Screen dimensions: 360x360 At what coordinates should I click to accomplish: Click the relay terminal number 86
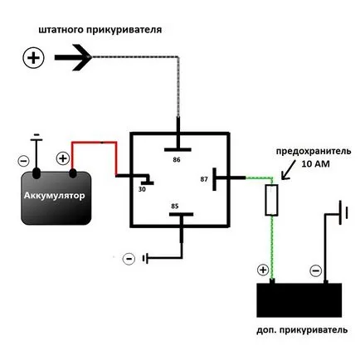coord(177,160)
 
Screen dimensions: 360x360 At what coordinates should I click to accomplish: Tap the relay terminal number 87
coord(204,179)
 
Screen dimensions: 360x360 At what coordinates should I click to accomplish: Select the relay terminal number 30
coord(142,189)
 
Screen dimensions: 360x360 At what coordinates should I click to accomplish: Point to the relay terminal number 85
coord(175,207)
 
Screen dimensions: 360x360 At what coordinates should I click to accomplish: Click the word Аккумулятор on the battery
coord(55,196)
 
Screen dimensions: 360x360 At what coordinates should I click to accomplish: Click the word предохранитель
coord(314,152)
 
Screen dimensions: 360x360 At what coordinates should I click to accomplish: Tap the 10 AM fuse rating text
coord(315,164)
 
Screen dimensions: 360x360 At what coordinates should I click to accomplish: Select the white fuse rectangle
coord(271,200)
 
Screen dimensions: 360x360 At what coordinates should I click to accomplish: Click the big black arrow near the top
coord(73,57)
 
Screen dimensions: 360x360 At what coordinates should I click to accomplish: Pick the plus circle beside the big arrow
coord(33,58)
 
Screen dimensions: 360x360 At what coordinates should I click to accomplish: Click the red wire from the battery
coord(95,143)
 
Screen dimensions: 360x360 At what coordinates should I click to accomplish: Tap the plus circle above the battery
coord(63,158)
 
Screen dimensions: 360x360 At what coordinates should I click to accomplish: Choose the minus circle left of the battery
coord(23,161)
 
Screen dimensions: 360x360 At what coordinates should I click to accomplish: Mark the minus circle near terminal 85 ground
coord(129,259)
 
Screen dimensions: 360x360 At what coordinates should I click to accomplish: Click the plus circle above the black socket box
coord(263,270)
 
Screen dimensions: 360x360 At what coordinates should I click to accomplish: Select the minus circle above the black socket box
coord(316,270)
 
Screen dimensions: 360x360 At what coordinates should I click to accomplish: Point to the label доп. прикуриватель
coord(302,330)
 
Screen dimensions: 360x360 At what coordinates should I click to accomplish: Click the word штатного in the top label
coord(61,30)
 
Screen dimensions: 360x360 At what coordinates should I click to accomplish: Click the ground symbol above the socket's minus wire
coord(343,212)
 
